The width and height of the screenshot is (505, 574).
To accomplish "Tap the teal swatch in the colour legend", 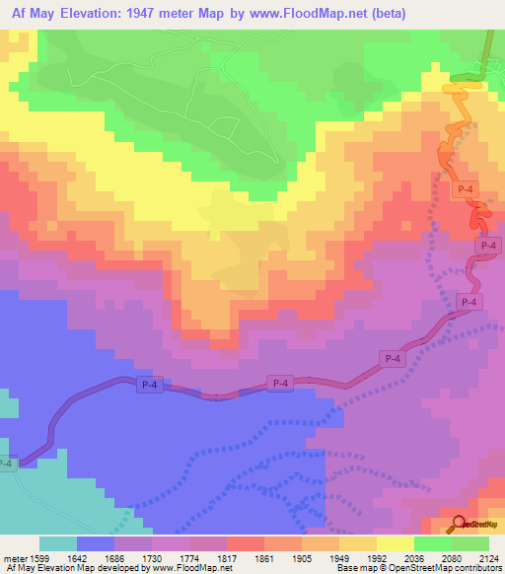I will click(x=58, y=542).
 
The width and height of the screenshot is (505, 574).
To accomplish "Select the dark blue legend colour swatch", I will click(x=96, y=542).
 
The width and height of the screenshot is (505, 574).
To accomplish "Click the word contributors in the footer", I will click(x=475, y=568).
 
